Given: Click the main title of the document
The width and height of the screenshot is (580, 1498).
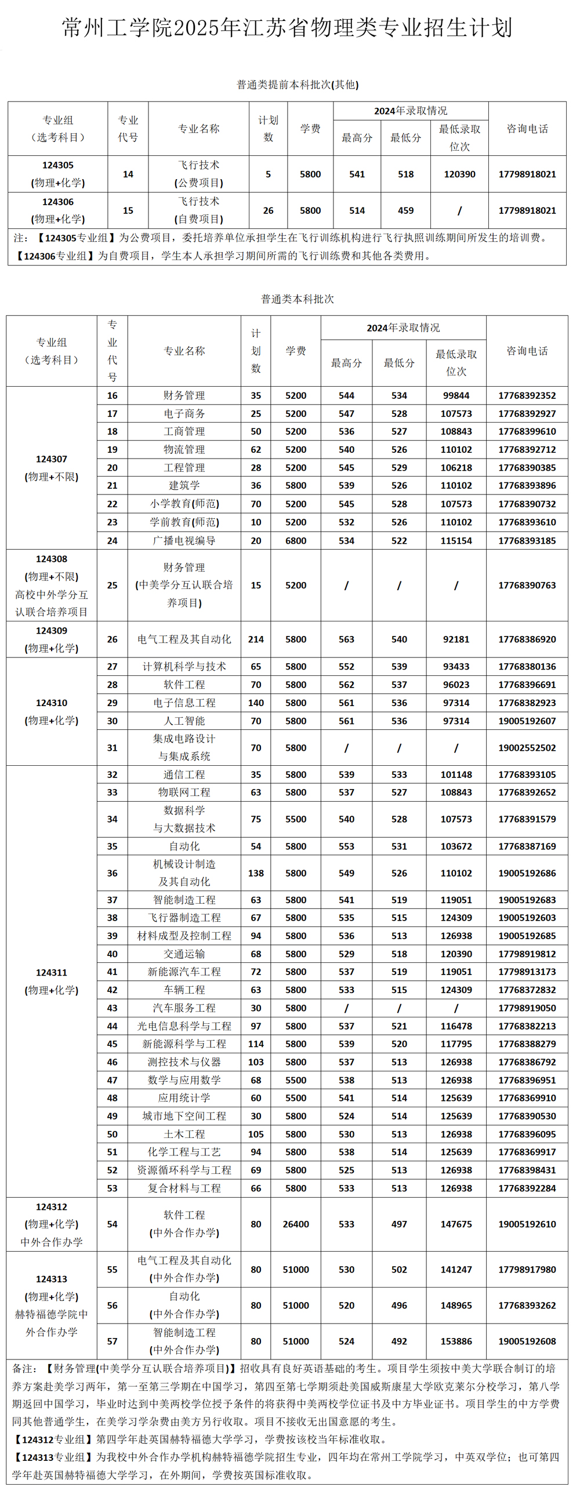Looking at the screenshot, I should pos(287,28).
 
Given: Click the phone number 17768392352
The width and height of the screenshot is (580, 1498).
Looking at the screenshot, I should pos(527,395).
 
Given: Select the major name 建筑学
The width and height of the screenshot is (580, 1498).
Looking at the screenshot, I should pos(184,485).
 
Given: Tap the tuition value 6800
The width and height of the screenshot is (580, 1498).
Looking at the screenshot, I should pos(296,540).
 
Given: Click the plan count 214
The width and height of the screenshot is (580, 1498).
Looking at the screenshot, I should pos(256,639).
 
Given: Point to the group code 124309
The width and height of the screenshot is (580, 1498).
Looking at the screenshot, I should pos(51,630).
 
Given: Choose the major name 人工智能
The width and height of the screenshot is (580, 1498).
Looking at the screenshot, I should pos(184,721).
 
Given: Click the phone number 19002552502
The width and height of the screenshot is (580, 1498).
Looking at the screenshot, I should pos(527,748).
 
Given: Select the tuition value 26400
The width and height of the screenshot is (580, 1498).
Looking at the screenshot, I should pos(296,1224).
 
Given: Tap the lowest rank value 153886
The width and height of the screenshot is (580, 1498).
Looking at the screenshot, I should pos(456,1341).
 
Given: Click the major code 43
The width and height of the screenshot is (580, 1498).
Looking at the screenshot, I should pos(113,1008).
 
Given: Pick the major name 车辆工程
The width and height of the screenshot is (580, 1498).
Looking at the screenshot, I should pos(184,990).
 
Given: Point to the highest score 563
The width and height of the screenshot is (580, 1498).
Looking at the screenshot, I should pos(346,639).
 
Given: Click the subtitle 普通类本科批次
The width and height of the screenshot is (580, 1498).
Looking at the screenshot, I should pos(298,299).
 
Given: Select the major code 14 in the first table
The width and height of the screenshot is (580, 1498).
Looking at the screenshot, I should pos(128,174).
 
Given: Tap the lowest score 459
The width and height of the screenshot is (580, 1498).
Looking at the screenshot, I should pos(405,210).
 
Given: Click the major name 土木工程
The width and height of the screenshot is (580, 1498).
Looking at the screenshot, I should pos(184,1134).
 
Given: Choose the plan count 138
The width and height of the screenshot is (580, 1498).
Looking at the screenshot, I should pos(256,873).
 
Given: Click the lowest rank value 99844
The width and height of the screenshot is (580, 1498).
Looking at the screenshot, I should pos(456,395).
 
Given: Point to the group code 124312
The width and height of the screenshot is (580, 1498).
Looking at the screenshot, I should pos(51,1206).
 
